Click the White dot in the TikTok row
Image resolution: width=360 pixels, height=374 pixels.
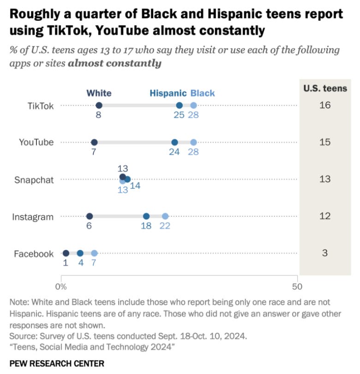[x=99, y=105]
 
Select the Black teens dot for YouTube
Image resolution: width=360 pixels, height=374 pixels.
[x=193, y=142]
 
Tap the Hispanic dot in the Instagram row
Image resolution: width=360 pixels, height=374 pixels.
[x=146, y=216]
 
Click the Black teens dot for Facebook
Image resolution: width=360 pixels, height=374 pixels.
[x=94, y=253]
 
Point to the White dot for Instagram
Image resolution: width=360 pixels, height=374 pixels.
[x=90, y=216]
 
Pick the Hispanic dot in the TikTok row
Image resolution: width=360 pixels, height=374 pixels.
[x=179, y=105]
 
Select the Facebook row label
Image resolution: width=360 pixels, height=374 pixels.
[x=34, y=253]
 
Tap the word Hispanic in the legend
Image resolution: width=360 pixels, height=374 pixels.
[x=168, y=93]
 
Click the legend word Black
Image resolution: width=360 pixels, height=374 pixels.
[x=203, y=93]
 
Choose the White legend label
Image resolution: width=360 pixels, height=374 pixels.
[x=99, y=93]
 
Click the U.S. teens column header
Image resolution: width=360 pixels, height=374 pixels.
[x=325, y=88]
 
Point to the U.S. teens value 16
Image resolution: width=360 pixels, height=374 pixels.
[x=325, y=106]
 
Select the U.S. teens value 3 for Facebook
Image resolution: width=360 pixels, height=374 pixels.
[x=325, y=253]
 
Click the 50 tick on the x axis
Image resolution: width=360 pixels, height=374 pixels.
[x=297, y=287]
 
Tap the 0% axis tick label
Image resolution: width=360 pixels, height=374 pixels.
[x=61, y=287]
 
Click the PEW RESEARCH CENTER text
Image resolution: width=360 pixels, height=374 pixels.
[x=57, y=363]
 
